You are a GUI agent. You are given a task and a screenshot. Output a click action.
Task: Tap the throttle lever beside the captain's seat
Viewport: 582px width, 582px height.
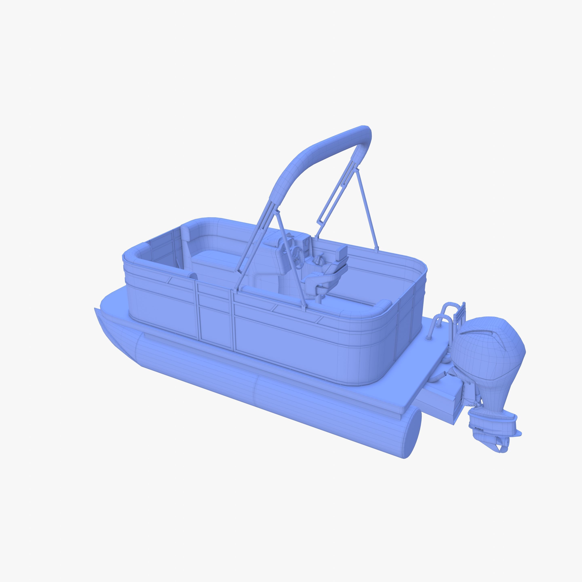pos(318,260)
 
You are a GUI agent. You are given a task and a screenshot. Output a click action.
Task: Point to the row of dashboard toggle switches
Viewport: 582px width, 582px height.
pos(306,250)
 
